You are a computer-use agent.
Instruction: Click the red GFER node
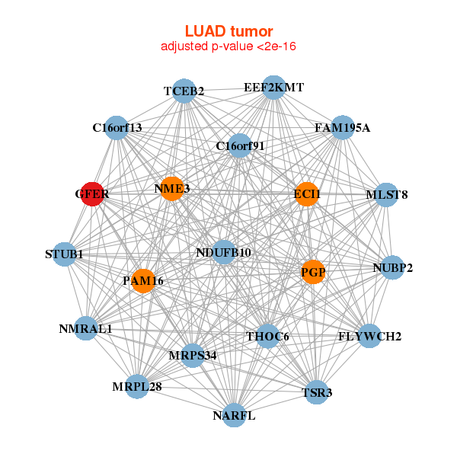[x=92, y=194]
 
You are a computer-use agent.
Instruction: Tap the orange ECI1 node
[x=306, y=194]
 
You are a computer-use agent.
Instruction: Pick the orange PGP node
[x=313, y=271]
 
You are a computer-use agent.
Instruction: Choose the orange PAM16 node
[x=143, y=281]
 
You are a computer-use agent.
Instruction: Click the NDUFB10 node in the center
[x=223, y=252]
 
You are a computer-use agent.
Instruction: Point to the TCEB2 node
[x=184, y=91]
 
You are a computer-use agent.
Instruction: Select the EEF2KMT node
[x=274, y=88]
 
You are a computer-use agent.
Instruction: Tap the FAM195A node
[x=342, y=127]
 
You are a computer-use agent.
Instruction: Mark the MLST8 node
[x=387, y=194]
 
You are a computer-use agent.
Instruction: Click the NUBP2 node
[x=392, y=267]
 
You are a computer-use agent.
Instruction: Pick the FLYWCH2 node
[x=369, y=336]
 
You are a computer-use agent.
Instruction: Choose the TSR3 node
[x=317, y=392]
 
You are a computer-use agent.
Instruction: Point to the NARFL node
[x=235, y=415]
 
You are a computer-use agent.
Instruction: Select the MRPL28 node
[x=137, y=387]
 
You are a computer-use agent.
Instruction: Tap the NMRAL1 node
[x=86, y=329]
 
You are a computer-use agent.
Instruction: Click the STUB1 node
[x=65, y=254]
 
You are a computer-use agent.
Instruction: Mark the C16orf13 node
[x=117, y=127]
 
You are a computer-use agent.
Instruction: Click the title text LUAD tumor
[x=228, y=31]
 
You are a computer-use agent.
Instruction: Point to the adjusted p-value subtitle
[x=228, y=46]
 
